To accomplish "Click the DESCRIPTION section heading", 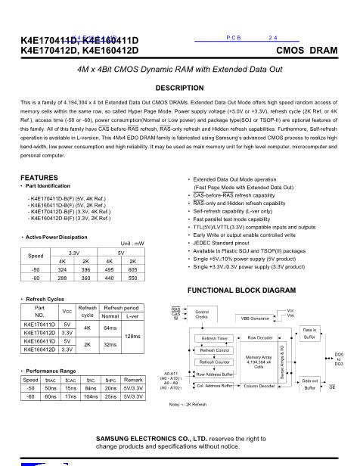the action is (180, 88).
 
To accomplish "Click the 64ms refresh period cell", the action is (111, 328).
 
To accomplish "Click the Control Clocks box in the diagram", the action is (202, 314).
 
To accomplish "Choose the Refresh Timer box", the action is (215, 338).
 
